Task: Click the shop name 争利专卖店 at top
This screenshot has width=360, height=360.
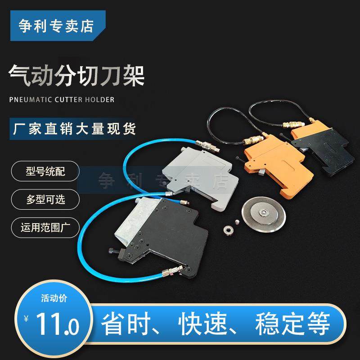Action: (56, 25)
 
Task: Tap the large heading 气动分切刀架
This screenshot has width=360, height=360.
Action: (76, 76)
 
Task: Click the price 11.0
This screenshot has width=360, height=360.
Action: (58, 322)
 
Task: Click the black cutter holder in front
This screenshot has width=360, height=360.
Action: (166, 234)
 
